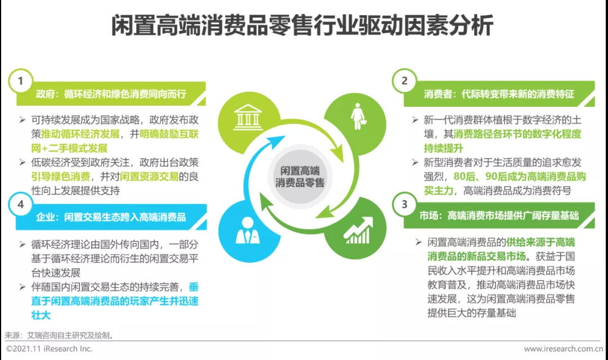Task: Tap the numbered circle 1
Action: click(x=21, y=81)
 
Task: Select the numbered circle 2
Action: click(x=404, y=81)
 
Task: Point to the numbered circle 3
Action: click(x=404, y=204)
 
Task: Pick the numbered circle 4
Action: click(x=21, y=204)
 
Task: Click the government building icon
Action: click(x=244, y=119)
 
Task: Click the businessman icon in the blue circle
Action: click(x=248, y=231)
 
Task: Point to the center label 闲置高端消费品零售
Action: click(x=300, y=176)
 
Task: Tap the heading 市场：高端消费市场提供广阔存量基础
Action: click(x=499, y=216)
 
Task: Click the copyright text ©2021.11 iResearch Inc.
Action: click(x=49, y=349)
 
